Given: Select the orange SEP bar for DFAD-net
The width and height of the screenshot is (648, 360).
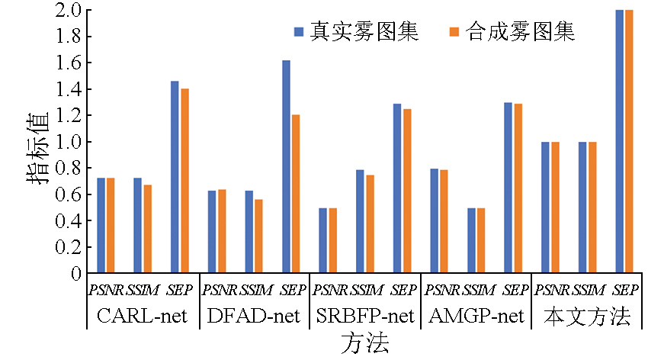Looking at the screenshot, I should [296, 194].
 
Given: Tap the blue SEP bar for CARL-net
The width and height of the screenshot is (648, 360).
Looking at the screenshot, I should [175, 177].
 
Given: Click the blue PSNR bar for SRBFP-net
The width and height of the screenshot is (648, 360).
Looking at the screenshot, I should [322, 240].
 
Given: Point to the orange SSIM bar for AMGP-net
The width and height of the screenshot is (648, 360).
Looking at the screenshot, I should [480, 240].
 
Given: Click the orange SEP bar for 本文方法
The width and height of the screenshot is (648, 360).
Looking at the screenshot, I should [629, 142].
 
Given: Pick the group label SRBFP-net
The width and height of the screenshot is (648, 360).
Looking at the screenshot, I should [364, 316].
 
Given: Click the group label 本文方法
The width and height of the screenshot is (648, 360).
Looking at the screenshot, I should [586, 316].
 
